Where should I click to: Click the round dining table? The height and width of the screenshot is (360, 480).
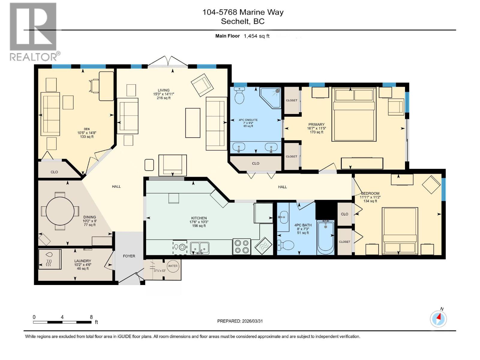[x=60, y=211]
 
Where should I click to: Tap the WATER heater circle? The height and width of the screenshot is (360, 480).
[x=173, y=266]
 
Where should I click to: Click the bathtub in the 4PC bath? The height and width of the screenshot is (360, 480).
[x=325, y=237]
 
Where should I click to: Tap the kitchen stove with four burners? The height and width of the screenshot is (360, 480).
[x=241, y=247]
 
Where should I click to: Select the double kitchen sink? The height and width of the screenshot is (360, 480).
[x=199, y=248]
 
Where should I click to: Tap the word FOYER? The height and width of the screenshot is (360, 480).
[x=129, y=256]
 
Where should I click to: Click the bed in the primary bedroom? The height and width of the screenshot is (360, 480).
[x=354, y=114]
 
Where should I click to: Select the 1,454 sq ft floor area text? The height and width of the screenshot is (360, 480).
[x=256, y=36]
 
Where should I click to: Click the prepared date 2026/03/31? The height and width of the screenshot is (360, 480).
[x=252, y=321]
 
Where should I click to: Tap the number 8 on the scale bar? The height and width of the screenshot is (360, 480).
[x=91, y=317]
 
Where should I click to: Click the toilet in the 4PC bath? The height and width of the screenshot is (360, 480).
[x=286, y=245]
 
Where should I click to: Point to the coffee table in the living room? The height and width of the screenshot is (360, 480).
[x=193, y=123]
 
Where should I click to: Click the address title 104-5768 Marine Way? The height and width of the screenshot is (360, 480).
[x=243, y=12]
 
